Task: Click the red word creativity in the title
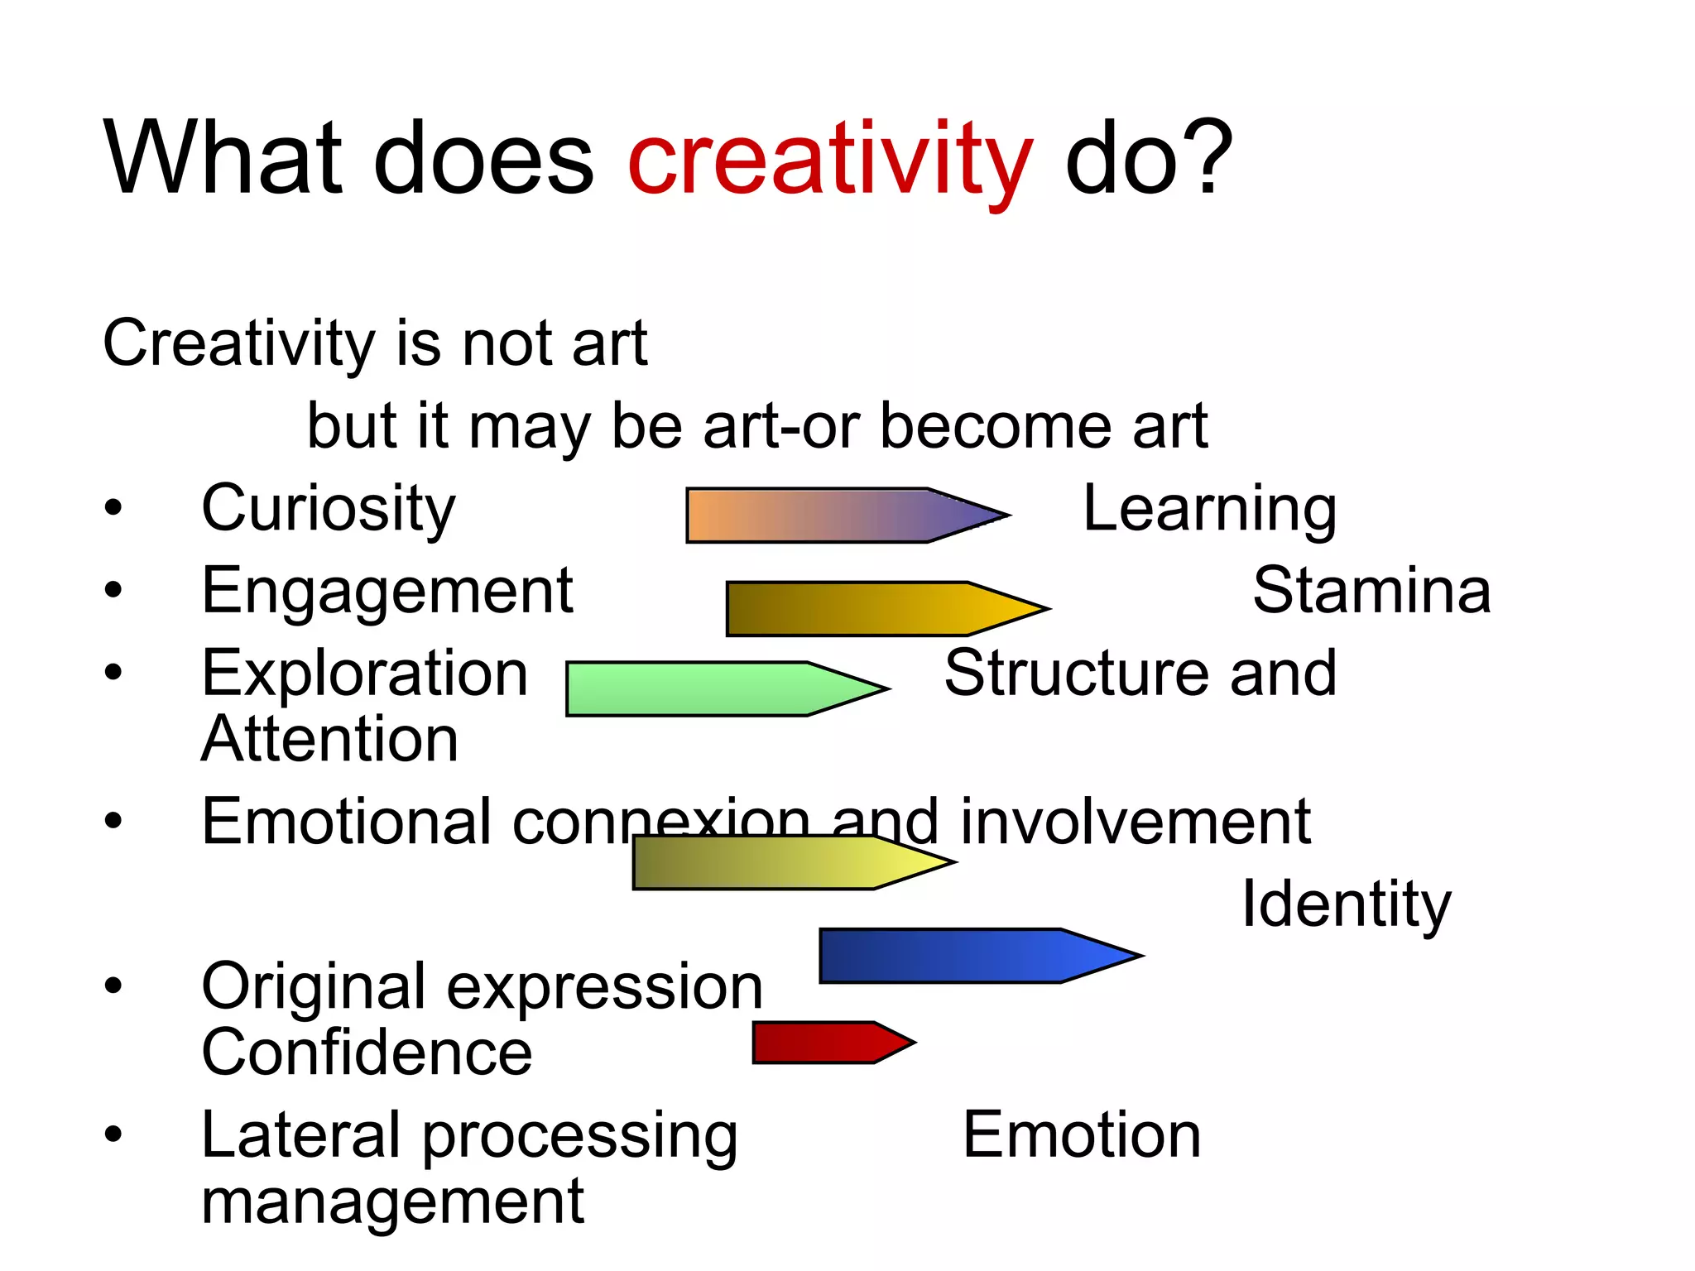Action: click(830, 159)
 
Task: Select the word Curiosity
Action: click(329, 509)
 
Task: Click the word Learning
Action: click(1209, 509)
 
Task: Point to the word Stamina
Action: click(1371, 591)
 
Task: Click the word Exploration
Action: click(365, 674)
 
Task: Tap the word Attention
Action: click(330, 739)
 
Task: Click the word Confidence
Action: click(367, 1053)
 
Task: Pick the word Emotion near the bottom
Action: click(1082, 1134)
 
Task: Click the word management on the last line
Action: click(392, 1201)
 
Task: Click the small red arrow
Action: click(823, 1043)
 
